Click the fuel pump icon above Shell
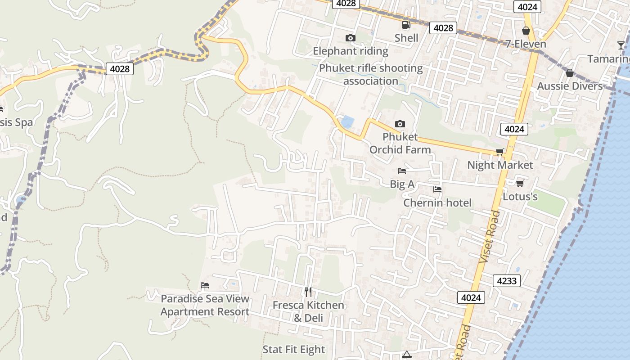click(x=406, y=25)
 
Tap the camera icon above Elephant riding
click(x=350, y=38)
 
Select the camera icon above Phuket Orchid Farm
click(x=400, y=124)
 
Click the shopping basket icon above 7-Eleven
click(x=526, y=31)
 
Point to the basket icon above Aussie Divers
click(x=569, y=72)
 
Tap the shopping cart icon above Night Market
click(x=499, y=152)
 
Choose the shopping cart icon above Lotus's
click(x=520, y=183)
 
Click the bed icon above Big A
click(x=402, y=171)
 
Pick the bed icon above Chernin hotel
click(x=437, y=189)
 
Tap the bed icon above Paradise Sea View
click(x=205, y=285)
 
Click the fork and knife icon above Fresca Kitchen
click(x=308, y=292)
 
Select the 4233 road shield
click(x=507, y=281)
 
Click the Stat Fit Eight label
click(x=293, y=350)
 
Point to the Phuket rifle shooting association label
click(x=371, y=75)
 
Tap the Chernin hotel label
click(x=437, y=203)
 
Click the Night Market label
click(x=500, y=165)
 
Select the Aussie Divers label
click(x=570, y=86)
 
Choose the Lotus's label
click(x=520, y=197)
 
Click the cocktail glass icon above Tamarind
click(x=621, y=45)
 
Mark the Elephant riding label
click(x=351, y=51)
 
